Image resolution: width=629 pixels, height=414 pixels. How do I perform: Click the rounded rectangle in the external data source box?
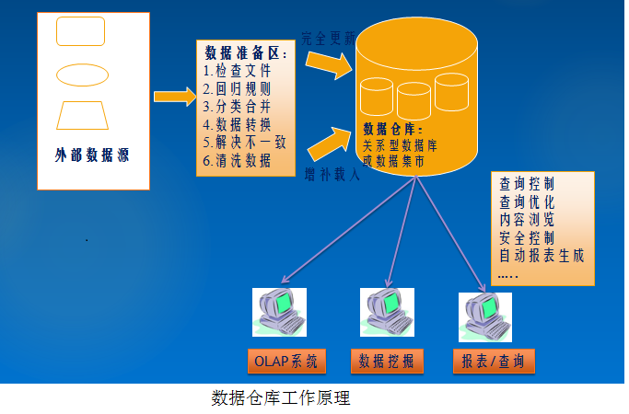tap(81, 31)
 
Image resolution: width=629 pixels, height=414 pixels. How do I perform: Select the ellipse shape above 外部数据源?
tap(82, 74)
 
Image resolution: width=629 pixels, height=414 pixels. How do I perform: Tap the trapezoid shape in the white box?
tap(83, 115)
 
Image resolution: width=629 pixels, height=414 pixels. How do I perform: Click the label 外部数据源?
tap(92, 155)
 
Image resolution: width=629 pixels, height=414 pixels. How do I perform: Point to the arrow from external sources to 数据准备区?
tap(172, 95)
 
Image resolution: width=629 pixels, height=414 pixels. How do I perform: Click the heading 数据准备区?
tap(244, 54)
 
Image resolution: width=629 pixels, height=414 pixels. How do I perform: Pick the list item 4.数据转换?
tap(238, 125)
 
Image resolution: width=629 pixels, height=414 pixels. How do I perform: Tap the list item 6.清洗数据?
tap(238, 160)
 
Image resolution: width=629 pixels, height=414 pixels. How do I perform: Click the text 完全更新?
tap(328, 38)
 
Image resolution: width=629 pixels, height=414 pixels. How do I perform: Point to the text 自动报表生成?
tap(542, 255)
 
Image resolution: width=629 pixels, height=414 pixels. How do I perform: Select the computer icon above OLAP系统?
tap(282, 314)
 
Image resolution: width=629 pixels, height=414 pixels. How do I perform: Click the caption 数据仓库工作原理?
tap(281, 399)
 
